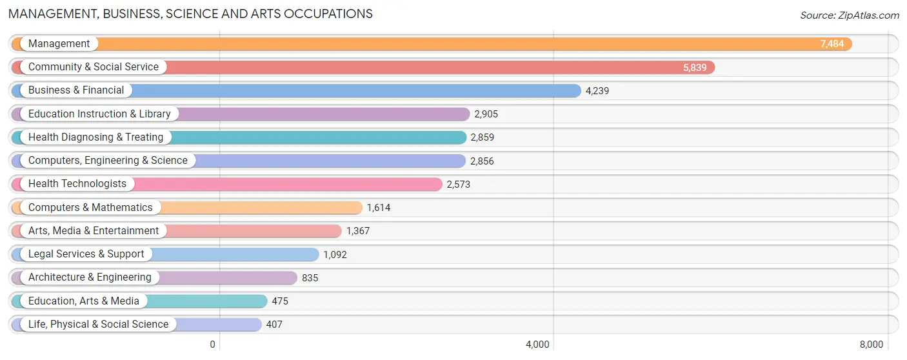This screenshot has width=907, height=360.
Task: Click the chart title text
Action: click(x=191, y=14)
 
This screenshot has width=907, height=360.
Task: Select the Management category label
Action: click(x=59, y=44)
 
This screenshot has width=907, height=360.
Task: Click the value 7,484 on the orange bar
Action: click(x=832, y=44)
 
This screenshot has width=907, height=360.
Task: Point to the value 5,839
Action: click(x=695, y=67)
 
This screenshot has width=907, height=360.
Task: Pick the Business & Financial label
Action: click(x=76, y=90)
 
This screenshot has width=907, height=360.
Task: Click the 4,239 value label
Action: click(x=597, y=91)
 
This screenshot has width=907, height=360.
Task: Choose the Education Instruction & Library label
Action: click(x=99, y=114)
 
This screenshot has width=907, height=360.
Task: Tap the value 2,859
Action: click(x=482, y=137)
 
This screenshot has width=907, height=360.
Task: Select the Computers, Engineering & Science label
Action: click(x=108, y=161)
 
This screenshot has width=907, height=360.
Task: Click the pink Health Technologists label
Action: click(x=77, y=184)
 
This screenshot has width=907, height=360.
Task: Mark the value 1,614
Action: click(x=378, y=208)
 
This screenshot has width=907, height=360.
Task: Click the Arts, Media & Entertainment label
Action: click(x=94, y=231)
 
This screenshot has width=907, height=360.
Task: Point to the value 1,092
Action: click(x=335, y=255)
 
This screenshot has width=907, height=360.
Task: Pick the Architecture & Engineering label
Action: click(x=90, y=277)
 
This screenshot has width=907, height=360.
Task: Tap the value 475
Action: click(x=280, y=301)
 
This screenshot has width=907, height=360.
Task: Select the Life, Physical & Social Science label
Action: click(x=98, y=325)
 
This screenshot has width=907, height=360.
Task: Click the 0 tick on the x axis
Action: click(x=212, y=345)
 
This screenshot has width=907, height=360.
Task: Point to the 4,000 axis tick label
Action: click(x=537, y=345)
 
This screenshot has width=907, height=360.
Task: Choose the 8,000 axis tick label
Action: click(x=871, y=345)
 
